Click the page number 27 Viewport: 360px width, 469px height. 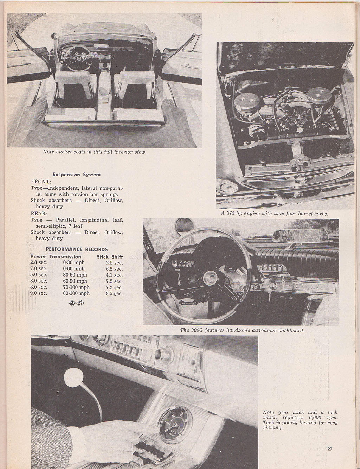(329, 449)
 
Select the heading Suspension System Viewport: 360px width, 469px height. (77, 175)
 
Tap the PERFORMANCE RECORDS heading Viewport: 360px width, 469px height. (77, 249)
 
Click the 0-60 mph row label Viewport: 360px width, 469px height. (74, 269)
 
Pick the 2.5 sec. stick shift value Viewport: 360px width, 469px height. (114, 263)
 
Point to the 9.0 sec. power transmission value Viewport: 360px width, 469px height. (39, 293)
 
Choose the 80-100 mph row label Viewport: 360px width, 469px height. (76, 293)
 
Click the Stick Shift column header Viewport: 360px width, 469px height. (110, 257)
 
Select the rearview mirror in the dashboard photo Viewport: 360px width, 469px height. (297, 234)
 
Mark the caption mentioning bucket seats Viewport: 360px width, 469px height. (94, 152)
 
